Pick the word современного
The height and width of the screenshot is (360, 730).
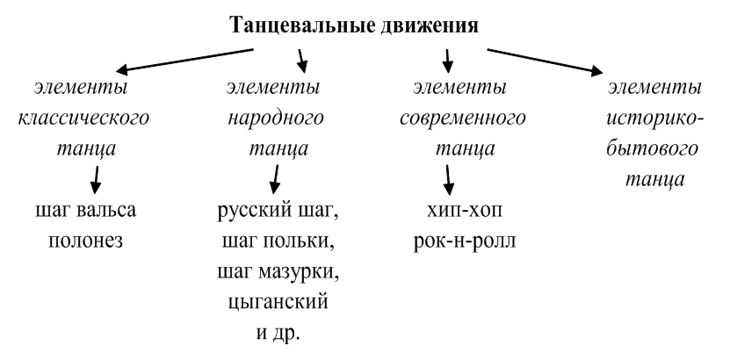pyautogui.click(x=462, y=118)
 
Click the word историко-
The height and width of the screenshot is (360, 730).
pyautogui.click(x=654, y=118)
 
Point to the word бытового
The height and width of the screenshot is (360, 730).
pyautogui.click(x=654, y=148)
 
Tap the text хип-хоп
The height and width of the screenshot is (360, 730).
pyautogui.click(x=462, y=211)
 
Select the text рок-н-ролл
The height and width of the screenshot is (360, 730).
pyautogui.click(x=462, y=241)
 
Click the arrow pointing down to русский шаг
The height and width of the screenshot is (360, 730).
pyautogui.click(x=275, y=178)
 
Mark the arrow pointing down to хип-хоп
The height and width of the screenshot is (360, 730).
pyautogui.click(x=451, y=178)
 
